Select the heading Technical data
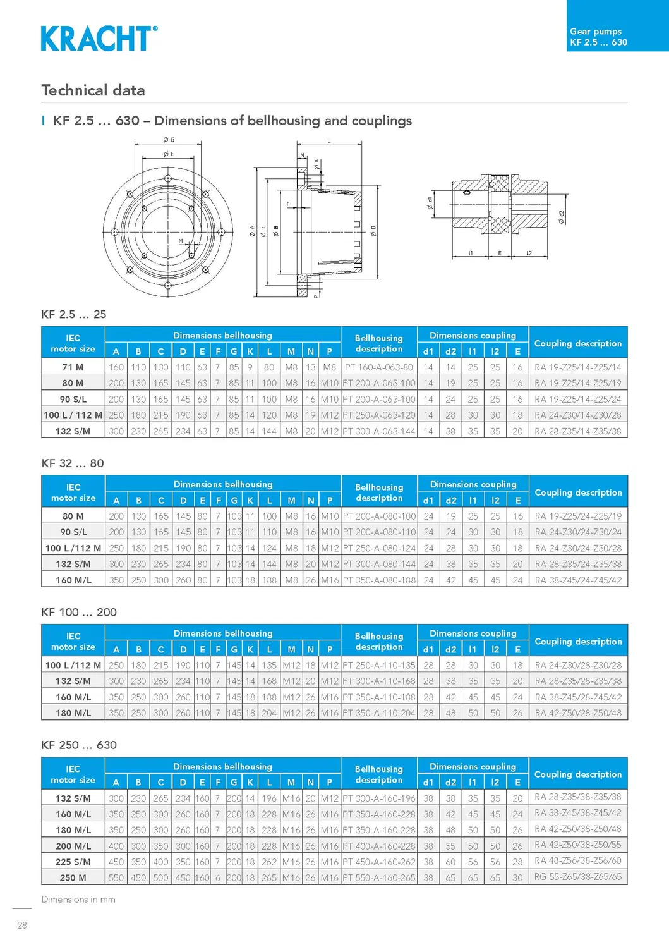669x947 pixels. [93, 90]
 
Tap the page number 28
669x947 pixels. [22, 925]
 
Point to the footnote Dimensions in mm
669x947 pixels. [78, 899]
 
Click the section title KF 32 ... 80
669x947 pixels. [73, 463]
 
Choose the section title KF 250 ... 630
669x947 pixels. [79, 745]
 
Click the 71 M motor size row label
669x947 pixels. [73, 367]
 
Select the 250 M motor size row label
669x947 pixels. [73, 877]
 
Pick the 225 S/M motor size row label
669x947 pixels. [73, 862]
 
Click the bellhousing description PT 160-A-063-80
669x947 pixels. [379, 367]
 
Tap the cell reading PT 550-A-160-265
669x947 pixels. [379, 877]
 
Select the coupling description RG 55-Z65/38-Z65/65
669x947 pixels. [578, 877]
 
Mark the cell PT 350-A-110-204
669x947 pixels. [379, 712]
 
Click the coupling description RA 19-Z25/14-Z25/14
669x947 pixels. [578, 367]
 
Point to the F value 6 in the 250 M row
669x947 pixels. [218, 877]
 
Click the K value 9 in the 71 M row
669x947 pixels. [250, 367]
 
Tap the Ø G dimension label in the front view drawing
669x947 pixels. [169, 140]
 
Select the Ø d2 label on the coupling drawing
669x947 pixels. [562, 217]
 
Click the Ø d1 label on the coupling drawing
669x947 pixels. [430, 202]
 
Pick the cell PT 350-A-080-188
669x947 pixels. [379, 580]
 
